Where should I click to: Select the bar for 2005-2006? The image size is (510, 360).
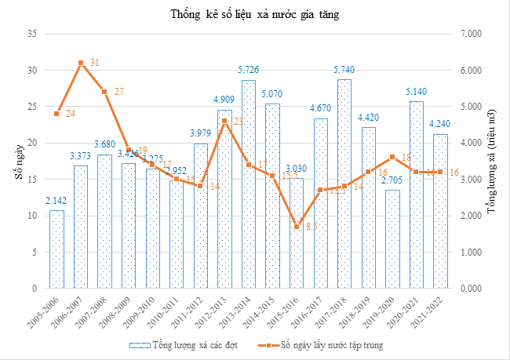click(56, 249)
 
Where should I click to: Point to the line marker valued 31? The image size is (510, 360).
click(81, 63)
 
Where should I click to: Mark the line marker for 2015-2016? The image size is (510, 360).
click(296, 227)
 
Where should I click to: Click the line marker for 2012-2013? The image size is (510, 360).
click(224, 121)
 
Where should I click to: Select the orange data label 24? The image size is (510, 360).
click(71, 115)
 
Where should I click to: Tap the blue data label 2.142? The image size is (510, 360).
click(56, 202)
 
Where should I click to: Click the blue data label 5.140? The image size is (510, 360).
click(415, 93)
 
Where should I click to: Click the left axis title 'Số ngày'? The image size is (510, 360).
click(17, 163)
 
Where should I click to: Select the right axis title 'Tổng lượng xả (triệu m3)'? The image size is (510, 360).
click(492, 162)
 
